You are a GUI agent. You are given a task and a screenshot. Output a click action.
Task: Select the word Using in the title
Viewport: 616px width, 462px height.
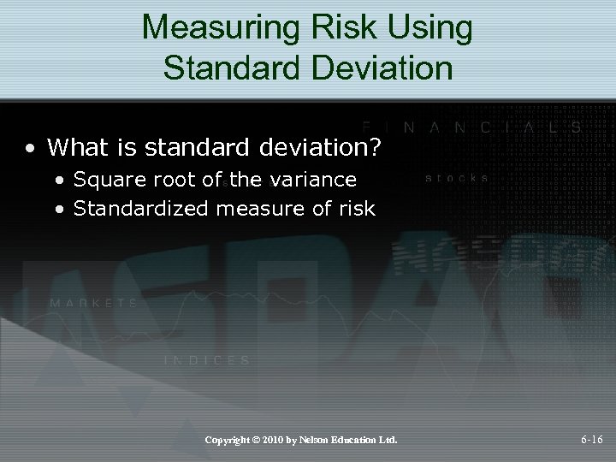point(434,27)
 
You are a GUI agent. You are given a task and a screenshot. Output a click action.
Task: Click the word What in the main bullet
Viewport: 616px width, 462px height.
point(81,148)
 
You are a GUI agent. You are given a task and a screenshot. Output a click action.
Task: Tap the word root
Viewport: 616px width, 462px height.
point(169,180)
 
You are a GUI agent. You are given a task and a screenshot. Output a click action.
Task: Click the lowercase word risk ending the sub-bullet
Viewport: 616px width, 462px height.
point(358,208)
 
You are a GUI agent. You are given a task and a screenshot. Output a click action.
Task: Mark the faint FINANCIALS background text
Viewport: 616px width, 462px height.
point(471,126)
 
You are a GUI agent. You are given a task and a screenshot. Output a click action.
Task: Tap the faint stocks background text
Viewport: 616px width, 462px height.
point(458,178)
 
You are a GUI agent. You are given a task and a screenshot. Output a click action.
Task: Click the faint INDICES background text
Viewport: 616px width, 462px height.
point(207,360)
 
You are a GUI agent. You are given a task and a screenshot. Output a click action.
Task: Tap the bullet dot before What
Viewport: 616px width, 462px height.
point(30,149)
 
